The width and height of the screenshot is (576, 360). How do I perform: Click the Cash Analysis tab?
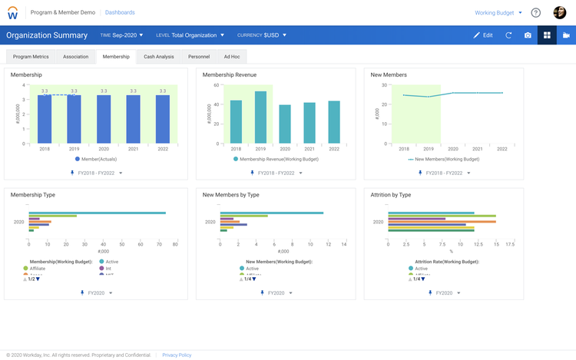[159, 57]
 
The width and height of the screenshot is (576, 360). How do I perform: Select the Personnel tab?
[199, 57]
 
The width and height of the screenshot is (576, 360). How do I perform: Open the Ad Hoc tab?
[232, 57]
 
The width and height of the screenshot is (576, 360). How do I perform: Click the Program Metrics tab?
[31, 57]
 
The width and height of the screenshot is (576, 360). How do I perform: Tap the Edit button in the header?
[483, 35]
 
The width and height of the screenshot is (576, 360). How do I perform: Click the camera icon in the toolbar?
[528, 35]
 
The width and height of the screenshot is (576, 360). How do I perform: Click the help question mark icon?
[535, 12]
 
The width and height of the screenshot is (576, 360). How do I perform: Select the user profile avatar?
[559, 12]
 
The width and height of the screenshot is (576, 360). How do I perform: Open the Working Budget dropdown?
[498, 12]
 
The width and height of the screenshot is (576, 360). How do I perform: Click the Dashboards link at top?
[120, 12]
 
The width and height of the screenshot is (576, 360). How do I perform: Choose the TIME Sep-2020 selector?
[121, 35]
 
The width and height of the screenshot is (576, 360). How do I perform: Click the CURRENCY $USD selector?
[262, 35]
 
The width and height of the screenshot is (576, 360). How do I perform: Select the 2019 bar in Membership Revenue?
[260, 117]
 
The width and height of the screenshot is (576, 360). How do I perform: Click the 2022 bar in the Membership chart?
[162, 119]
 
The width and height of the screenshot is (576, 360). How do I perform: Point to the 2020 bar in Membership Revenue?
[285, 124]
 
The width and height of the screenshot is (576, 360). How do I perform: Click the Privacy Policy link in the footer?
[177, 355]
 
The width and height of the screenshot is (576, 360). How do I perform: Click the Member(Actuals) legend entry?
[98, 159]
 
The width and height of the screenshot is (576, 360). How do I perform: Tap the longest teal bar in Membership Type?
[97, 213]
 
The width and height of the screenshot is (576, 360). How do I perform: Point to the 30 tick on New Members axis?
[384, 85]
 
